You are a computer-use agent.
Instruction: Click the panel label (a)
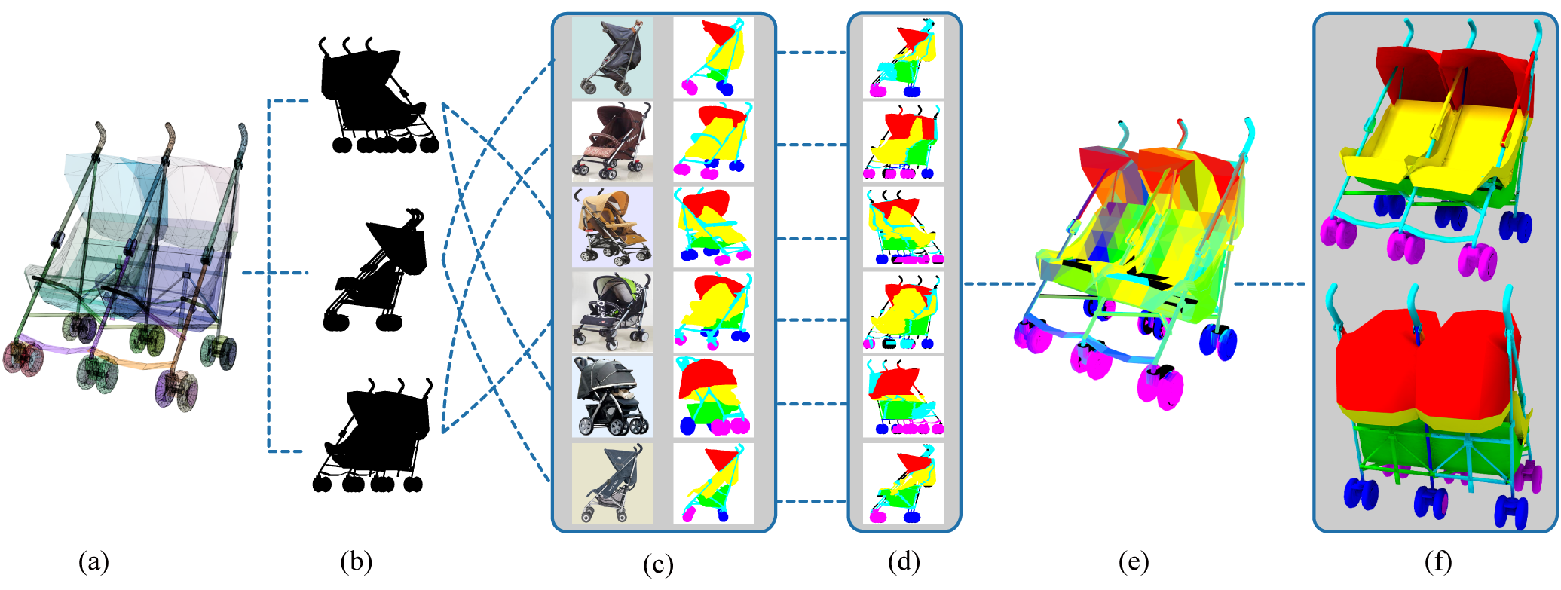[x=94, y=562]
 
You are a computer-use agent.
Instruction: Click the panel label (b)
[x=356, y=561]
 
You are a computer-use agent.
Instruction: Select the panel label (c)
[x=658, y=564]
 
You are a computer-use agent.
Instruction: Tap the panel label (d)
[x=904, y=561]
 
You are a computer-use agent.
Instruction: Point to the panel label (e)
[x=1134, y=561]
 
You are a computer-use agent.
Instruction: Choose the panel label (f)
[x=1437, y=561]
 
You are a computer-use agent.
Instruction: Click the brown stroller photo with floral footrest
[x=612, y=142]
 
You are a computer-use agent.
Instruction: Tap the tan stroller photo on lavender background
[x=612, y=227]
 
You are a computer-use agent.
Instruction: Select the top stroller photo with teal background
[x=612, y=58]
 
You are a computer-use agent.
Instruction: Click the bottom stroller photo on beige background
[x=612, y=483]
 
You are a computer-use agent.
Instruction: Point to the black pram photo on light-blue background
[x=612, y=397]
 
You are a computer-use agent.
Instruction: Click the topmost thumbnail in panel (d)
[x=903, y=58]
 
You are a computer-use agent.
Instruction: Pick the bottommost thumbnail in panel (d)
[x=903, y=483]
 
